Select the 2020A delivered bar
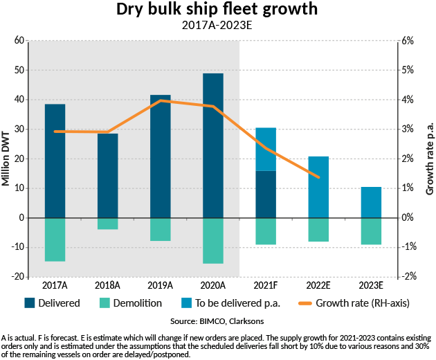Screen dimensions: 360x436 213,145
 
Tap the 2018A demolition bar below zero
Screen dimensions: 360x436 108,224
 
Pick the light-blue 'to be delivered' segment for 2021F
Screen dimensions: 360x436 266,149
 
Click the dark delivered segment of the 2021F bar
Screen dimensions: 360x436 266,194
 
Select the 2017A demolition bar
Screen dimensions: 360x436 55,240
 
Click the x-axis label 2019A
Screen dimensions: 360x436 160,285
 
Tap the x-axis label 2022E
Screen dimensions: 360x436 318,285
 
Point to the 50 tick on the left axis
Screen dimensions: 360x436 19,71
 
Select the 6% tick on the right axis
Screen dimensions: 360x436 410,41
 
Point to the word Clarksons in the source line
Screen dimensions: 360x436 246,322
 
